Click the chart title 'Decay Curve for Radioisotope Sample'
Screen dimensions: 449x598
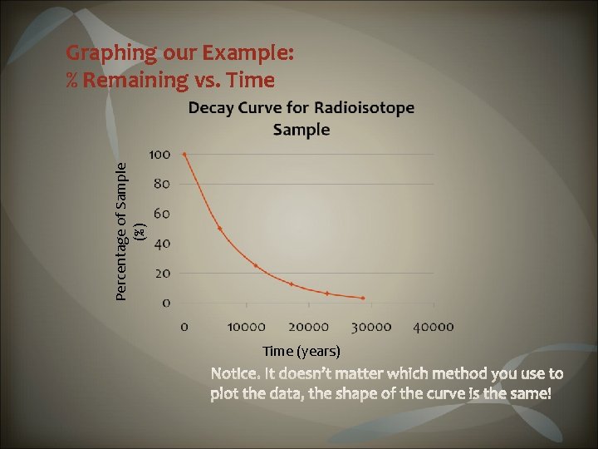point(301,118)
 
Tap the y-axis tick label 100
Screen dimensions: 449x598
point(159,154)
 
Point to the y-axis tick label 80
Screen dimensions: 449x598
point(162,184)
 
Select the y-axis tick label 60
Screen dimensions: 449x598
point(162,214)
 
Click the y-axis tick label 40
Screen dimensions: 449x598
point(162,244)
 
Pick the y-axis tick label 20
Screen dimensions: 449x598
point(162,273)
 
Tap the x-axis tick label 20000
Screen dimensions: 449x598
point(308,327)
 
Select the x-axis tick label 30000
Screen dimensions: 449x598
point(370,327)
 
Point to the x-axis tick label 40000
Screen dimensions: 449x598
point(433,327)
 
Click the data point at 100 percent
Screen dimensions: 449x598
point(184,154)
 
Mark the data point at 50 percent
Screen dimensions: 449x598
point(220,228)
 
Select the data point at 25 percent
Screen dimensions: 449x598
point(256,266)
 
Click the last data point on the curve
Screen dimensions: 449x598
point(363,298)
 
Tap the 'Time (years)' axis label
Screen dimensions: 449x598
point(301,351)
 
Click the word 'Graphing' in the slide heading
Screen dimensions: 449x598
point(111,53)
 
